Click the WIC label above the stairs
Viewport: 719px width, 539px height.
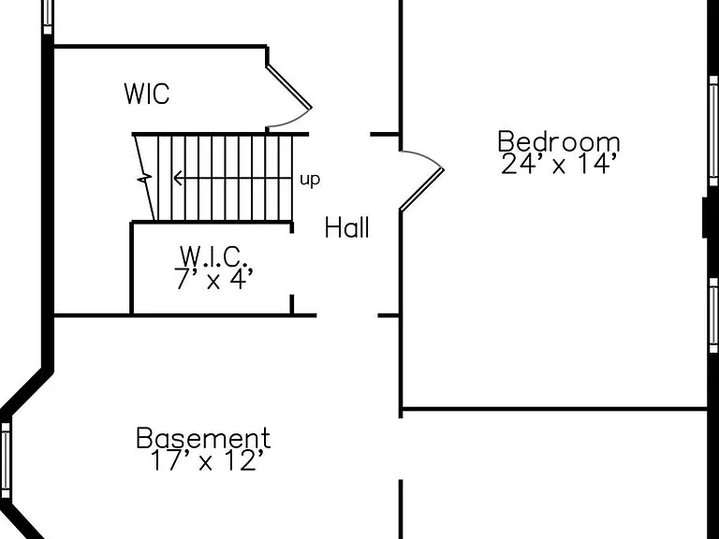tap(147, 94)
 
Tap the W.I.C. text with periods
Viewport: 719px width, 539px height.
tap(214, 256)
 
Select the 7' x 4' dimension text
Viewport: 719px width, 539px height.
tap(213, 279)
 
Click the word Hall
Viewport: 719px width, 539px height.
tap(347, 227)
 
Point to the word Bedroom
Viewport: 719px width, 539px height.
tap(559, 141)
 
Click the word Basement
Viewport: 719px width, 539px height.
tap(203, 438)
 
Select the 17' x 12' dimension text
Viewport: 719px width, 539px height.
tap(207, 460)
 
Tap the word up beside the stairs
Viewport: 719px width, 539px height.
tap(310, 180)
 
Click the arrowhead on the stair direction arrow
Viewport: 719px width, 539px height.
tap(177, 178)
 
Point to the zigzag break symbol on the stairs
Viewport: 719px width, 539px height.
tap(145, 178)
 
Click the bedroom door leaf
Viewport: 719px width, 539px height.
tap(422, 190)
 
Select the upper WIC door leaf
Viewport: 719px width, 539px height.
tap(289, 87)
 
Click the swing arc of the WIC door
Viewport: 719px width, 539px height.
tap(294, 121)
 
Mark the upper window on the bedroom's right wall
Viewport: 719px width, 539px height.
tap(713, 131)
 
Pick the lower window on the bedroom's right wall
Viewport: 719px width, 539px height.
tap(713, 315)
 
